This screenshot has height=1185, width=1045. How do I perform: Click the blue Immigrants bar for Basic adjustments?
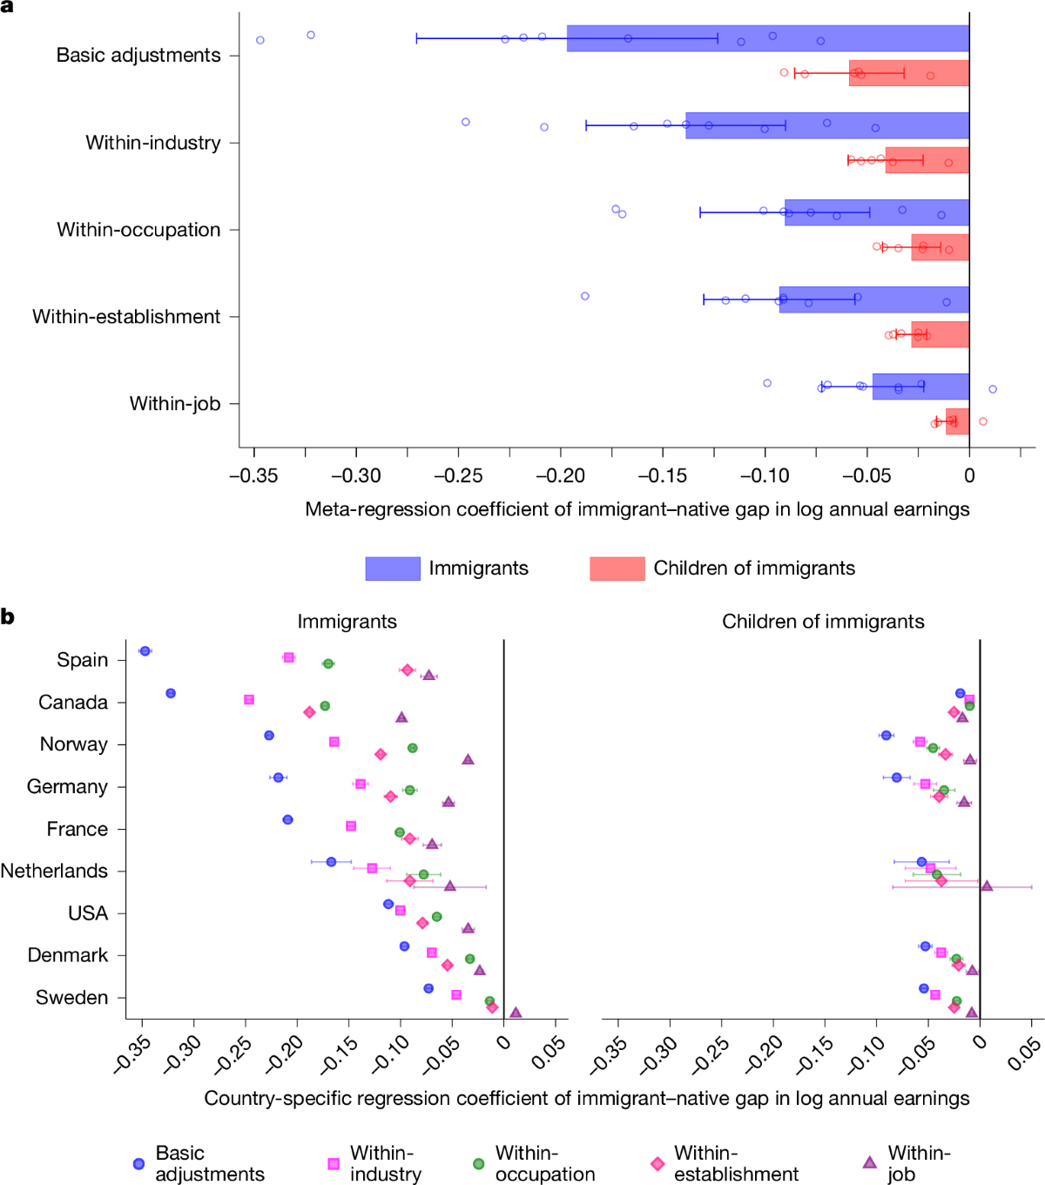pos(766,38)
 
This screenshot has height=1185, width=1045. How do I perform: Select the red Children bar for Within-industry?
pos(927,160)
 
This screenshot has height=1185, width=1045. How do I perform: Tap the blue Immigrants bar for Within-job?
pos(920,387)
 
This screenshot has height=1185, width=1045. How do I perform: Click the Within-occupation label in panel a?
pos(138,230)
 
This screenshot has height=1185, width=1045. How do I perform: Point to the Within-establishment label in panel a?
pos(126,317)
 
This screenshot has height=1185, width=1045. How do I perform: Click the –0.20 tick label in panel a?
pos(561,475)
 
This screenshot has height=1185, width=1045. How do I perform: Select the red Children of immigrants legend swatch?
pos(617,569)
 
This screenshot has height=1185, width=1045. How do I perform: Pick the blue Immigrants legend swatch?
pos(393,569)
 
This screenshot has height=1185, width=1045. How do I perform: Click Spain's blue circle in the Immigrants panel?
pos(145,651)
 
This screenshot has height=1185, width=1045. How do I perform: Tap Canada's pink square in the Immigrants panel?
pos(249,700)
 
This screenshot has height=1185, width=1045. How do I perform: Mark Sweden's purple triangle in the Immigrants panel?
pos(516,1013)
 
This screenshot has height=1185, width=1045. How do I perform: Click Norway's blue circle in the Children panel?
pos(887,736)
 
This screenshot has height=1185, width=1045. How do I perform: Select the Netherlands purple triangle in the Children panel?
pos(987,885)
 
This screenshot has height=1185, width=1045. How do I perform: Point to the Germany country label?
pos(67,787)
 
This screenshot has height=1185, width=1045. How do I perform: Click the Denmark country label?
pos(68,955)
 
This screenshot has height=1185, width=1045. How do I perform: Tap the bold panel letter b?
pos(8,617)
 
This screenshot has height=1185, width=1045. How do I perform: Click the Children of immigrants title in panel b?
pos(823,622)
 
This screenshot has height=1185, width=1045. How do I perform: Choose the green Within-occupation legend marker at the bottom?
pos(478,1163)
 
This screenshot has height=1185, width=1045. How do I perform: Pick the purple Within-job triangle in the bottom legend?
pos(869,1162)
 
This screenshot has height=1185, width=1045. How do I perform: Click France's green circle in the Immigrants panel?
pos(400,832)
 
